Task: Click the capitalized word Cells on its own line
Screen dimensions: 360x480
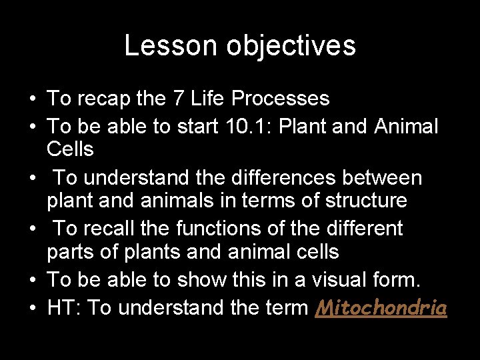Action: [70, 149]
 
